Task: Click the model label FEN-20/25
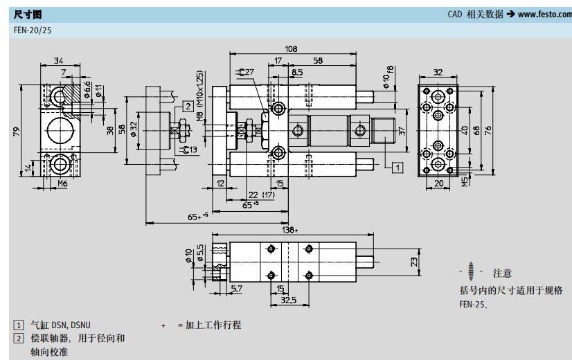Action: pos(33,30)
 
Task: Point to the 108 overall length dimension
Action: pos(292,49)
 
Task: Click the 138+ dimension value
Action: pos(289,229)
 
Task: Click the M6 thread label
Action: pos(62,183)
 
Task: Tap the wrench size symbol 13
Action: pos(189,150)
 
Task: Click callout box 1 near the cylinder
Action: pos(397,166)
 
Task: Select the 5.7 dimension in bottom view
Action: pos(237,288)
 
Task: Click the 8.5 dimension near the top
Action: pos(296,72)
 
